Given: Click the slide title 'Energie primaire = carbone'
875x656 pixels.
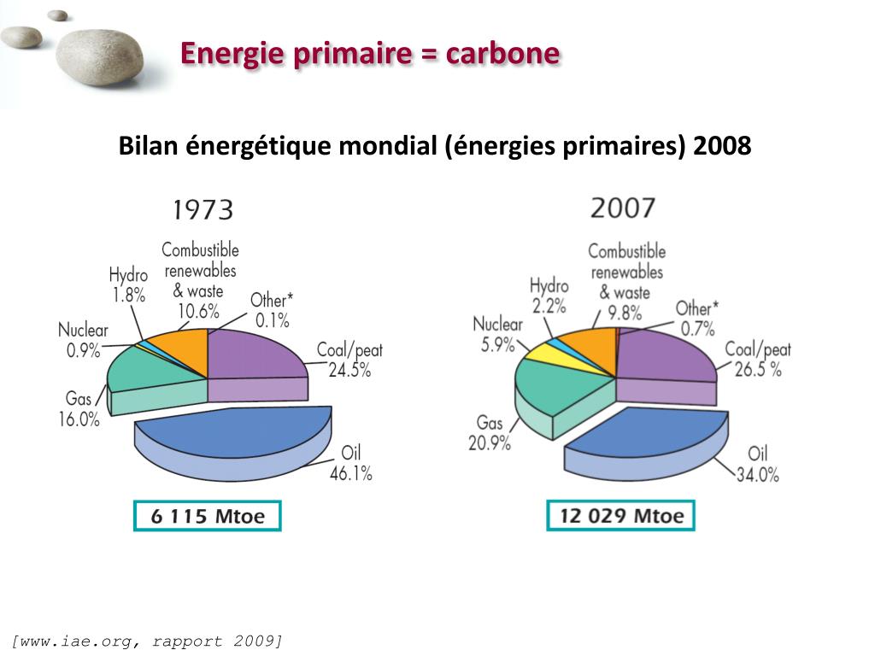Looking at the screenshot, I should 370,54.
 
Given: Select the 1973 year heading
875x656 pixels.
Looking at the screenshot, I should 203,210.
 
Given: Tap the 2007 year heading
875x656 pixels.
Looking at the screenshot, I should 622,208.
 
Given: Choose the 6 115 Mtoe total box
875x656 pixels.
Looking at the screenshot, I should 207,516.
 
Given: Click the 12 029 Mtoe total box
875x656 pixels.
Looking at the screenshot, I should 620,516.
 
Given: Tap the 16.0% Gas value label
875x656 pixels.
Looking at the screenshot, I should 79,419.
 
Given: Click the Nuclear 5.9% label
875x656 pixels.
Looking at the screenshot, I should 497,334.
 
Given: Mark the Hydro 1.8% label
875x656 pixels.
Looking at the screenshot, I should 128,285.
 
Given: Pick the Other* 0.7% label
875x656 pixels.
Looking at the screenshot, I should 697,318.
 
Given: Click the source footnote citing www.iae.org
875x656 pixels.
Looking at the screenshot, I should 147,641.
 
